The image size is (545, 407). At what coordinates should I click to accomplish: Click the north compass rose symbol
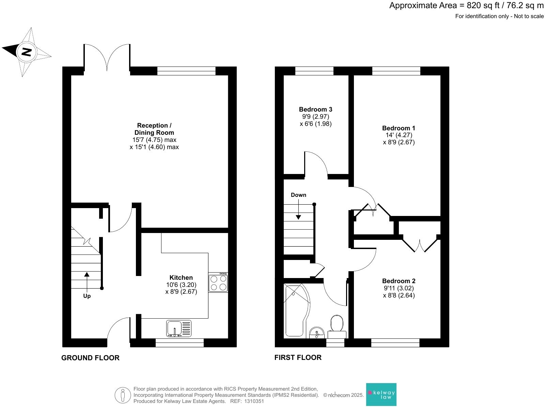(x=27, y=52)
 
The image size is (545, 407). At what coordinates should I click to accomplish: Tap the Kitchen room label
(x=181, y=278)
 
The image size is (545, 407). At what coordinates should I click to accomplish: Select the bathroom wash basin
(x=317, y=332)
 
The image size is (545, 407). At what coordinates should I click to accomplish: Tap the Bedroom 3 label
(x=315, y=110)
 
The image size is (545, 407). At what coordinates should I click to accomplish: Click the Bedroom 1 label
(x=399, y=128)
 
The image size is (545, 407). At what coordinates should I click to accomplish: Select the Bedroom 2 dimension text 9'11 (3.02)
(x=399, y=288)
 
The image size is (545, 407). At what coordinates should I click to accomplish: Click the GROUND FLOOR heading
(x=90, y=358)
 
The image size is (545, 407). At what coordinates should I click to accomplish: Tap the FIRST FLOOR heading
(x=298, y=358)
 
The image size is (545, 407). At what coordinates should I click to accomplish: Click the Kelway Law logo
(x=381, y=394)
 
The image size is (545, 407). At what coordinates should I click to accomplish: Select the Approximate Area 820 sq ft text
(x=466, y=6)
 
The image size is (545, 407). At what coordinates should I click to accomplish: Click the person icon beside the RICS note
(x=123, y=395)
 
